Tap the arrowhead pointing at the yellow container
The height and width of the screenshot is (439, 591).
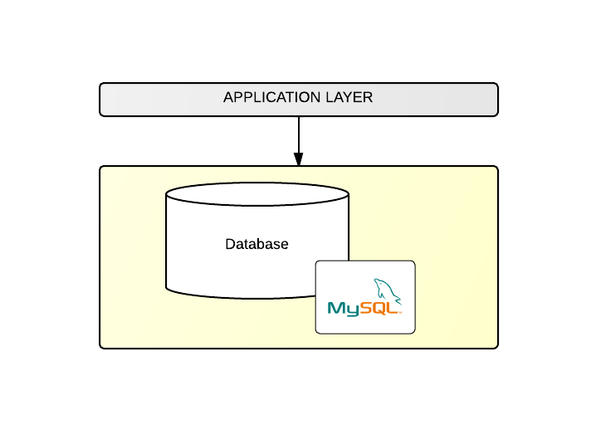[x=299, y=159]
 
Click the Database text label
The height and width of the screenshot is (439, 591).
[x=256, y=245]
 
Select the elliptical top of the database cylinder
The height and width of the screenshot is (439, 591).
[x=257, y=194]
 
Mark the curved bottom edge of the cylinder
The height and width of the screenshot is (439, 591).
[x=241, y=296]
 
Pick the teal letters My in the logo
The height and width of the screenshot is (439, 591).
[x=344, y=309]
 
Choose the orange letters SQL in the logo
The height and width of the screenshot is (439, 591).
[x=379, y=309]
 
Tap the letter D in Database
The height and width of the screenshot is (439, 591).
[x=230, y=245]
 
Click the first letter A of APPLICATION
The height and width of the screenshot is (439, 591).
[x=228, y=98]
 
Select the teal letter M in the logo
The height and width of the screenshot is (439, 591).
[x=336, y=309]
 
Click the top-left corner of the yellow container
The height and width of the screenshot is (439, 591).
[x=101, y=168]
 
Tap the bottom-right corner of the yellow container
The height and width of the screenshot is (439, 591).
[x=496, y=347]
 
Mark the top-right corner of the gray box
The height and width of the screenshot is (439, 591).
[x=496, y=85]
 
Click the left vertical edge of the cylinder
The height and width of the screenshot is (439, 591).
[x=166, y=241]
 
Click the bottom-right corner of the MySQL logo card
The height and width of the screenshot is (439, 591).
[x=413, y=332]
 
